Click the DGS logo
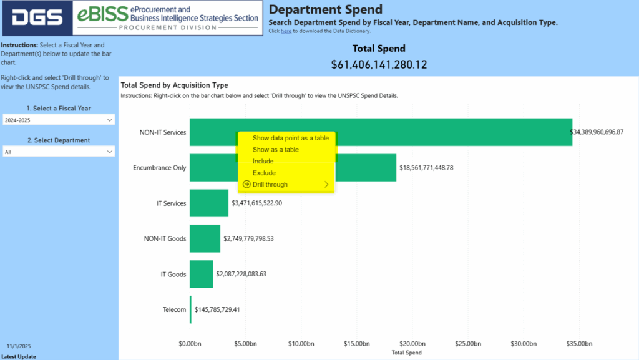tap(37, 18)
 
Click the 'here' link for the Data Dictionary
tap(286, 31)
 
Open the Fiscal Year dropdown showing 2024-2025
tap(58, 119)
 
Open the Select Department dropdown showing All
tap(58, 152)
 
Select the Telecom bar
tap(190, 309)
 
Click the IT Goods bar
tap(201, 274)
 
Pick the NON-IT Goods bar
tap(205, 238)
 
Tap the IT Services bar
tap(209, 203)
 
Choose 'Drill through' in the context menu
tap(270, 185)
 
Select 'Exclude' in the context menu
tap(263, 173)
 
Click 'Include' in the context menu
tap(263, 162)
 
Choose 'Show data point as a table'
tap(290, 138)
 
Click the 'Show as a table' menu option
tap(275, 150)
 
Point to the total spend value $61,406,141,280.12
tap(379, 64)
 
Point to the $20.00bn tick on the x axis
tap(412, 344)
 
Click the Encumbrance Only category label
tap(160, 168)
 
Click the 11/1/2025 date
tap(19, 346)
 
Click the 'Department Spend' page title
tap(325, 10)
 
